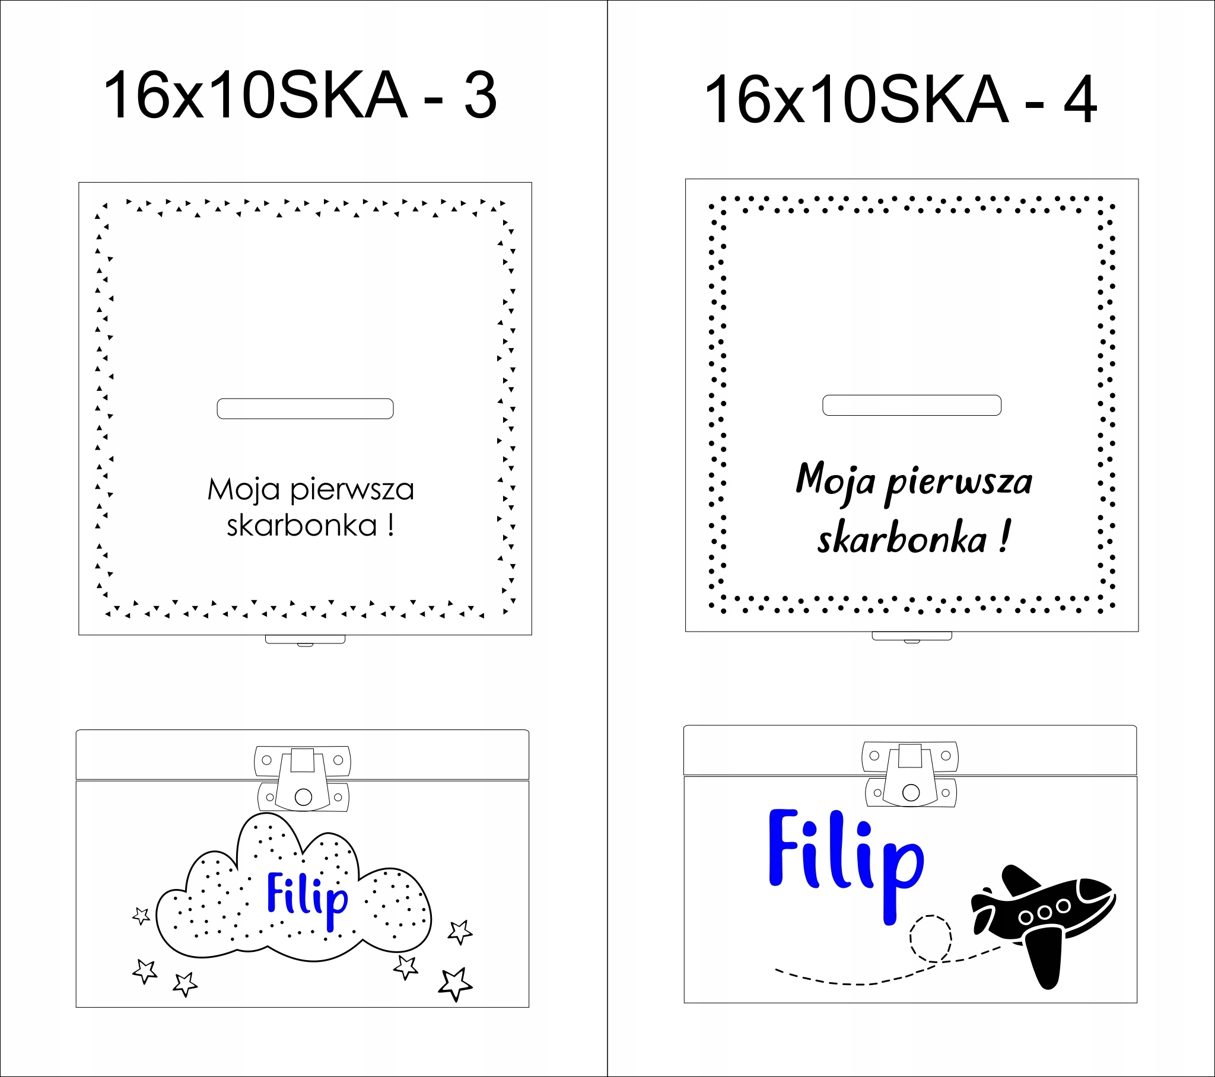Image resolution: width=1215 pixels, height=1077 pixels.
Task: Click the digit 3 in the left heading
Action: click(x=481, y=95)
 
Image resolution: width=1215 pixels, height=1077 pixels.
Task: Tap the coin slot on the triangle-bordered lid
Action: click(x=305, y=409)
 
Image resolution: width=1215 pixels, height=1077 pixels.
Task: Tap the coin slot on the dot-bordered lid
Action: click(x=912, y=406)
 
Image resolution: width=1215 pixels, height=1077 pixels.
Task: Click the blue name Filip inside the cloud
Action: click(x=307, y=896)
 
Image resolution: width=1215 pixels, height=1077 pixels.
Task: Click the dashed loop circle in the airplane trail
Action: click(x=930, y=938)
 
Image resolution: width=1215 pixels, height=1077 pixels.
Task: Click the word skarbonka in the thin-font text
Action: click(x=302, y=525)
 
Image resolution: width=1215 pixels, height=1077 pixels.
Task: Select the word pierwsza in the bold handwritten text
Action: click(x=959, y=483)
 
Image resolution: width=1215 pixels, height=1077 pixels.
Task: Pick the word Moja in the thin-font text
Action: click(x=244, y=490)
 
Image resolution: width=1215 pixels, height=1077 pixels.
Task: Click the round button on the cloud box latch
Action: click(x=303, y=797)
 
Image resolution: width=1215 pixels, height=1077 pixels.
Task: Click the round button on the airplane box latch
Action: click(x=911, y=792)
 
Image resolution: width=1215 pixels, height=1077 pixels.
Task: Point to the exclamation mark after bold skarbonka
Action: click(x=1004, y=537)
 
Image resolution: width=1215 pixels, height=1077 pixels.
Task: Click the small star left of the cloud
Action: click(x=141, y=916)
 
